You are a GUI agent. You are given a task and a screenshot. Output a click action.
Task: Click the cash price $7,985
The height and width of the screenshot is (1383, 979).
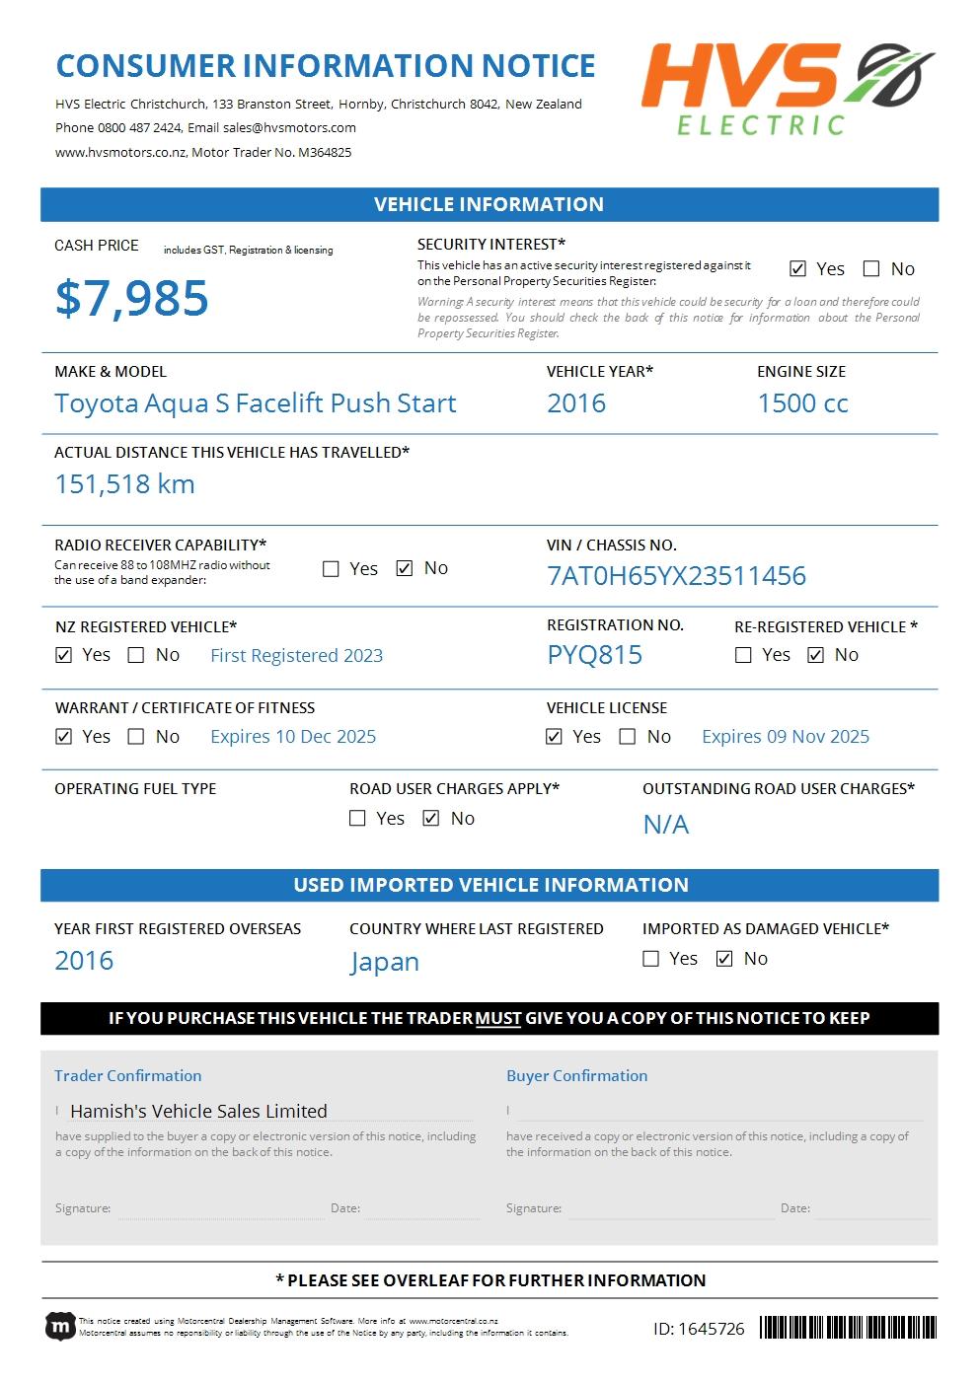[x=131, y=298]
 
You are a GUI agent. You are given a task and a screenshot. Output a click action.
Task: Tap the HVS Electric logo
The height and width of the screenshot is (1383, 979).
[x=787, y=88]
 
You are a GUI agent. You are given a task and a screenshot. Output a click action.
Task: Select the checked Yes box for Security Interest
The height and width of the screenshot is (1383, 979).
[x=797, y=268]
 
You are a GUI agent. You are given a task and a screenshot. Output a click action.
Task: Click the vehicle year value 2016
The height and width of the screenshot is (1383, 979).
[x=576, y=403]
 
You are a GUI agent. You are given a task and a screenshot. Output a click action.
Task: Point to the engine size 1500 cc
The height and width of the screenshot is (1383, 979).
[x=802, y=403]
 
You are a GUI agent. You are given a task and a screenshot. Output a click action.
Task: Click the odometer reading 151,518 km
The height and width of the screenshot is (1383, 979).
[x=124, y=484]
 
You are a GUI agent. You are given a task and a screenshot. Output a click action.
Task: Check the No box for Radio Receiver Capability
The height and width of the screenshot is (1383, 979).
[x=405, y=568]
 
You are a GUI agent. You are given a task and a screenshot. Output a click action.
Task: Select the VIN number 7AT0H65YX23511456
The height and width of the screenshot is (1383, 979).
[x=676, y=576]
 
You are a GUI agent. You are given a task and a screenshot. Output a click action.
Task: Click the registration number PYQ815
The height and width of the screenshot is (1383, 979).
[x=594, y=655]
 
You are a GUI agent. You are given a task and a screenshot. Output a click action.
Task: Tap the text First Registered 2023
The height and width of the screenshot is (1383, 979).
[x=296, y=656]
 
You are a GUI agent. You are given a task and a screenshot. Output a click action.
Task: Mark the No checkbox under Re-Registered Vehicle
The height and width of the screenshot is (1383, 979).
[x=815, y=655]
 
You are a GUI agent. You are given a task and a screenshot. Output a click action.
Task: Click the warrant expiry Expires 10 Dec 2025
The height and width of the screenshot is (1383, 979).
[x=293, y=737]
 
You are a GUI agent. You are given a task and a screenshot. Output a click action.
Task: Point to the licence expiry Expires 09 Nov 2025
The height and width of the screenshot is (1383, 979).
[x=786, y=737]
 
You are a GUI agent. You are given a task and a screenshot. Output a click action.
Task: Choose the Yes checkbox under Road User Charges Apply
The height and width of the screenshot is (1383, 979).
[x=357, y=819]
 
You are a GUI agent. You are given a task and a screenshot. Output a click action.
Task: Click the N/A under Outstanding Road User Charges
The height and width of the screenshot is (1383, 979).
[x=665, y=825]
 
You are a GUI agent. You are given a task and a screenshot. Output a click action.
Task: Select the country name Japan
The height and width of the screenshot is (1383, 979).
[x=384, y=962]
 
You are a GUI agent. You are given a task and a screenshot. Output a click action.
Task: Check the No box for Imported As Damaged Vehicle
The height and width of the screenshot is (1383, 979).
[x=724, y=959]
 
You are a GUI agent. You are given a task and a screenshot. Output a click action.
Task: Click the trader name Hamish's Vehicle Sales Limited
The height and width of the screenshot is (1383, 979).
[x=198, y=1111]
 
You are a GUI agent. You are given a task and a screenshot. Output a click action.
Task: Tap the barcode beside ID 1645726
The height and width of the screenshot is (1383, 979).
[x=848, y=1328]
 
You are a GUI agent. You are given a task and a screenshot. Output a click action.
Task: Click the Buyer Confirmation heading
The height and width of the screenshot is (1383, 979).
[x=576, y=1076]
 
